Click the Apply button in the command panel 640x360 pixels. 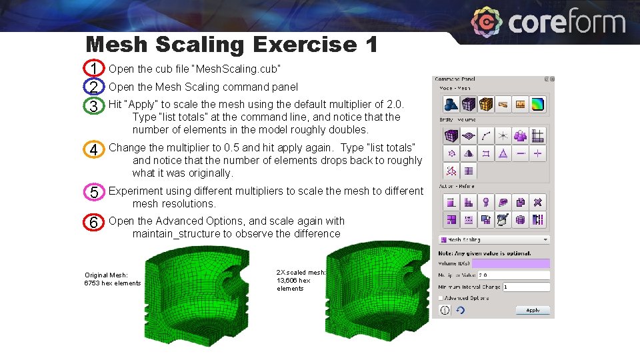[533, 310]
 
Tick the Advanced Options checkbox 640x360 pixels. [441, 298]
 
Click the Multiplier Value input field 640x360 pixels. [512, 275]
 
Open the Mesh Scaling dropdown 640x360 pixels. [493, 239]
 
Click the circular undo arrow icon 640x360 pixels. [460, 310]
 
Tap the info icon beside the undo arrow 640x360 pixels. [445, 310]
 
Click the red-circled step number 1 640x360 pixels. [94, 69]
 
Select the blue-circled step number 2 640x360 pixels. [94, 87]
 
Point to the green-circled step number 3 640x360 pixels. [94, 105]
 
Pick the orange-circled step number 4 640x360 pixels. [94, 150]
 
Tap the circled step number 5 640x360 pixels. [94, 193]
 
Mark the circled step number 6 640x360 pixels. [94, 223]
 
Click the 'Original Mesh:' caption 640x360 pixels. [106, 275]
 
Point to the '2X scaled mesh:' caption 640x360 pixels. [301, 272]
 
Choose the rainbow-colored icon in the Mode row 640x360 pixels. [538, 104]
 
